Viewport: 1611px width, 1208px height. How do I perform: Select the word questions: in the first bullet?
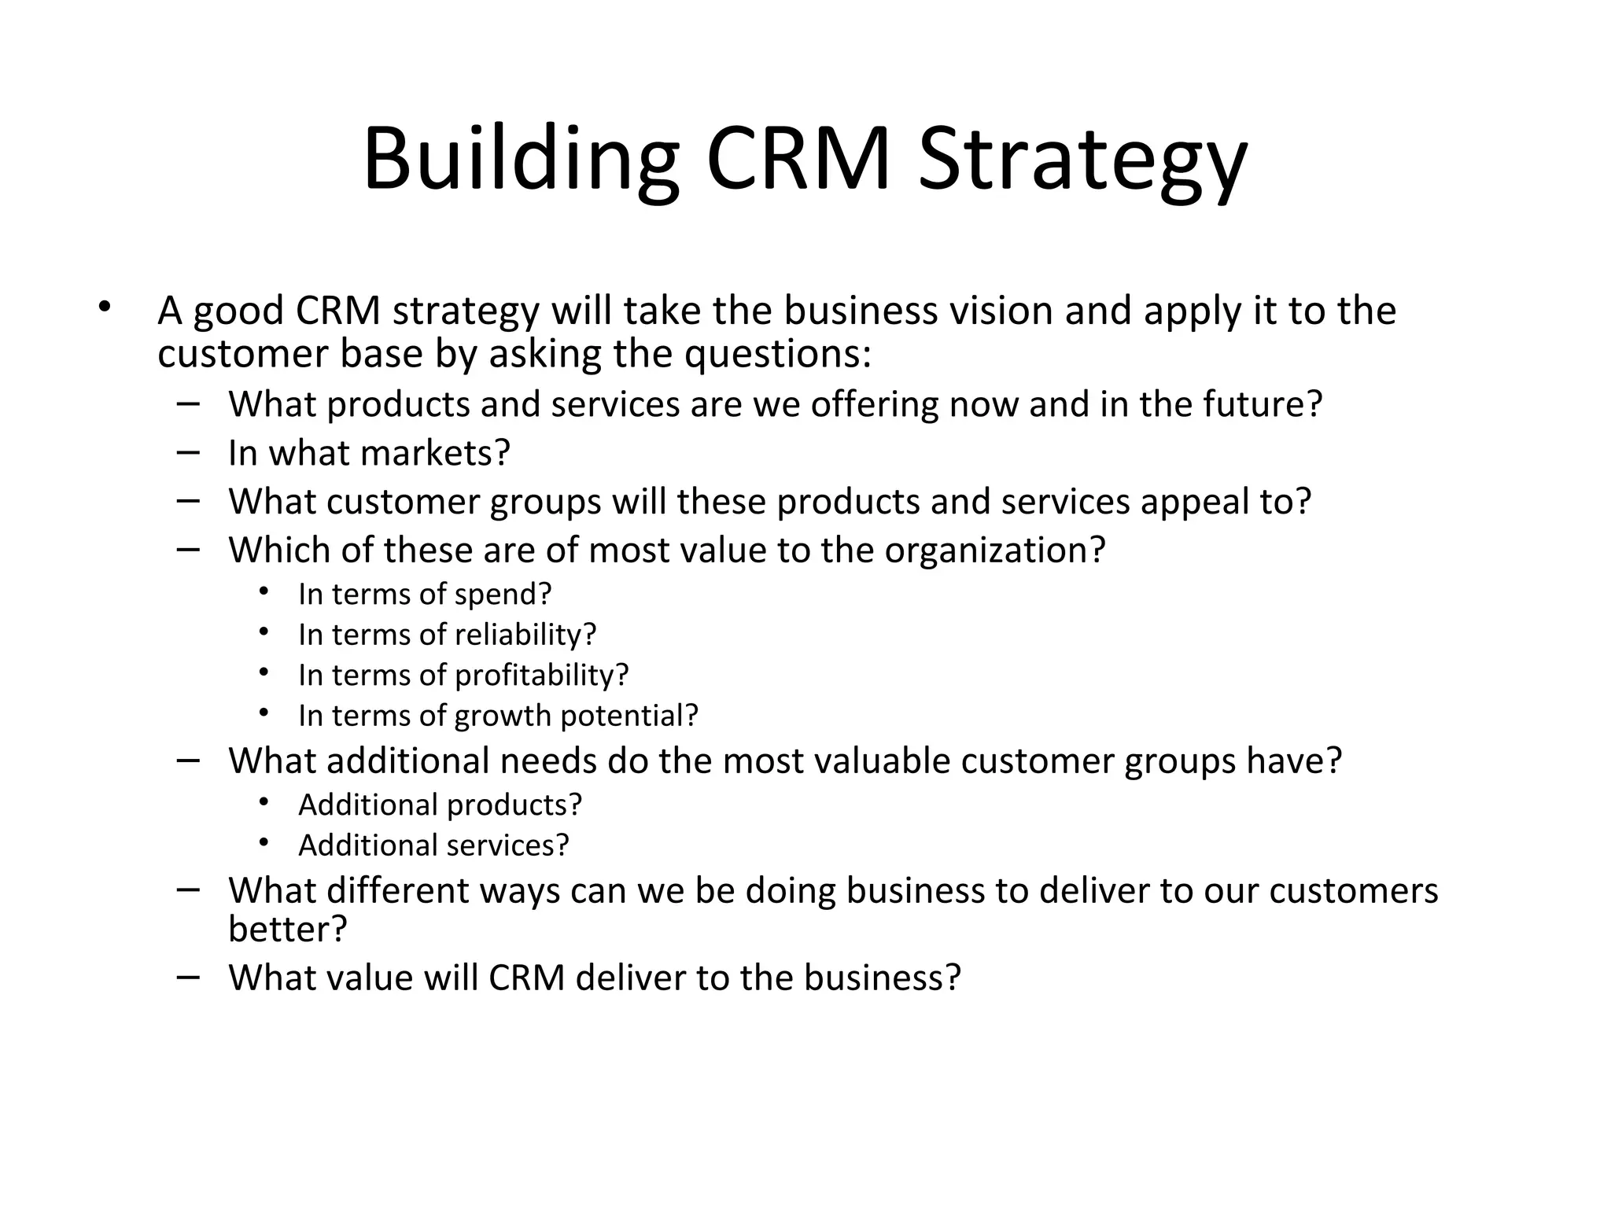point(778,353)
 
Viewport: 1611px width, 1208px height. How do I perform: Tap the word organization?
point(995,550)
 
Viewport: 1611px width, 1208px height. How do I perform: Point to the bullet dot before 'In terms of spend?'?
point(263,591)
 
